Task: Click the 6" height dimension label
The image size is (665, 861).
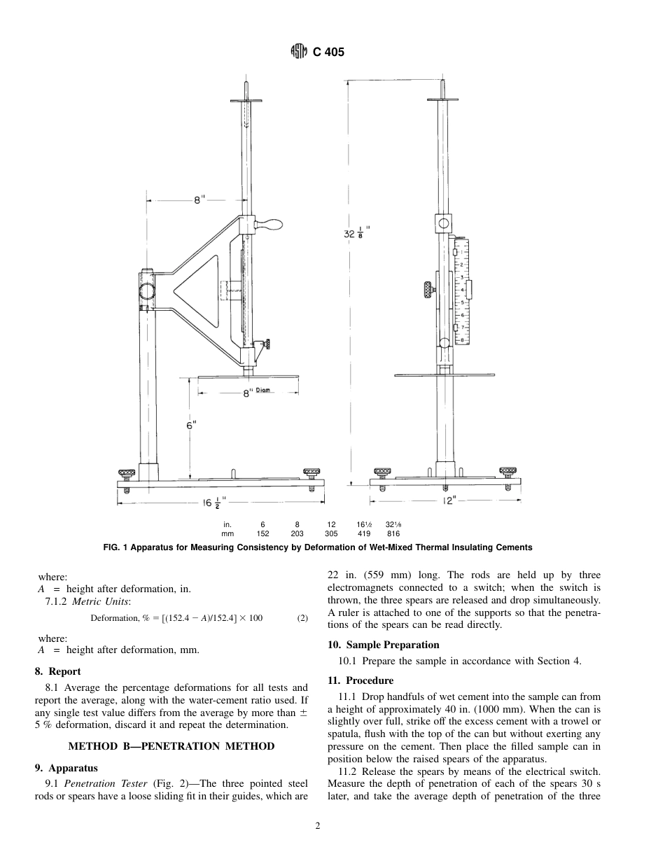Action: pos(191,425)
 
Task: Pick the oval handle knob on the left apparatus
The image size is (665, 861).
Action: pos(269,224)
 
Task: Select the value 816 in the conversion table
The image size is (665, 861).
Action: pos(393,533)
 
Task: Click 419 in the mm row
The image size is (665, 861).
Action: pos(364,533)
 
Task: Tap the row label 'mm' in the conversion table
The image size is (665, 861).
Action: pos(227,533)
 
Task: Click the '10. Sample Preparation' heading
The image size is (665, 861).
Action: pos(384,645)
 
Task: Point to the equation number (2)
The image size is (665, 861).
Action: pos(302,618)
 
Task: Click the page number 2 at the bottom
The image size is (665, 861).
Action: pos(318,826)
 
